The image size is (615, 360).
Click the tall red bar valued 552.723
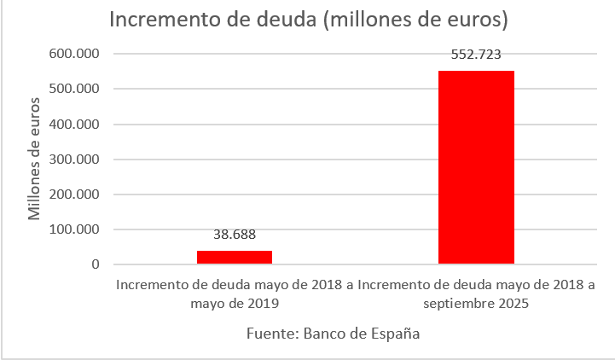pos(476,167)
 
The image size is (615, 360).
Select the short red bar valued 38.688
pos(235,257)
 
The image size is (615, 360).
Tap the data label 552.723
pos(476,54)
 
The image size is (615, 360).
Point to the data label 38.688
pos(235,235)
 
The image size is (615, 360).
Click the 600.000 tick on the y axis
pos(76,54)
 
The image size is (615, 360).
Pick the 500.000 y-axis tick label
pos(76,89)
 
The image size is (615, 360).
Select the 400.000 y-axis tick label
pos(76,125)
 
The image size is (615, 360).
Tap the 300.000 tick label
pos(76,160)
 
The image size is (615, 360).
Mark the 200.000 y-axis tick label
pos(76,195)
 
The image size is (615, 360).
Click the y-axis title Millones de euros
pos(35,159)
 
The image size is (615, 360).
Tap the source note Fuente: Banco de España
pos(333,334)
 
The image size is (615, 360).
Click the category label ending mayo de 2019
pos(235,293)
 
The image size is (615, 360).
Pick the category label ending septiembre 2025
pos(476,293)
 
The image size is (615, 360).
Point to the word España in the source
pos(394,334)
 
